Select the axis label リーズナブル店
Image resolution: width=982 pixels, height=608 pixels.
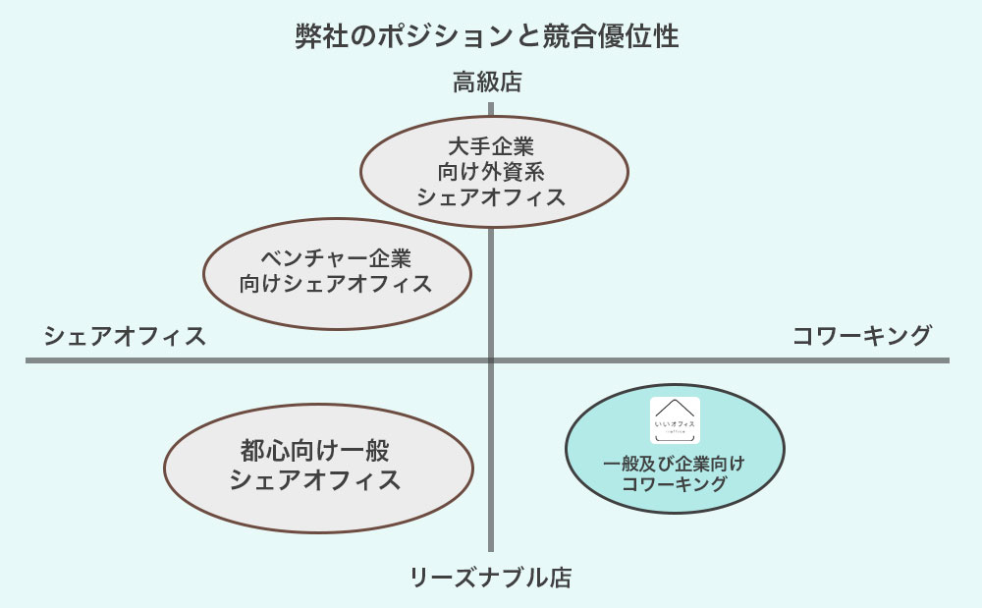490,578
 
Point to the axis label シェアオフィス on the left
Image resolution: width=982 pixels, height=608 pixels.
125,336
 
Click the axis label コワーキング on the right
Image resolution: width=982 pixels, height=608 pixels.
861,336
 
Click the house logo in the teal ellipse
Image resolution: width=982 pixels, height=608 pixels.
675,419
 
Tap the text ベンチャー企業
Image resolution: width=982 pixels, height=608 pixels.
336,258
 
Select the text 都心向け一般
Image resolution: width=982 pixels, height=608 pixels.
314,452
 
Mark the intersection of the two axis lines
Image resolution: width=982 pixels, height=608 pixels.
490,360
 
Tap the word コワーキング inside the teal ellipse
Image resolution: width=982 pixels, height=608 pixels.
674,483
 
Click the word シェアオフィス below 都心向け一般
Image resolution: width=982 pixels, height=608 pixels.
314,480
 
